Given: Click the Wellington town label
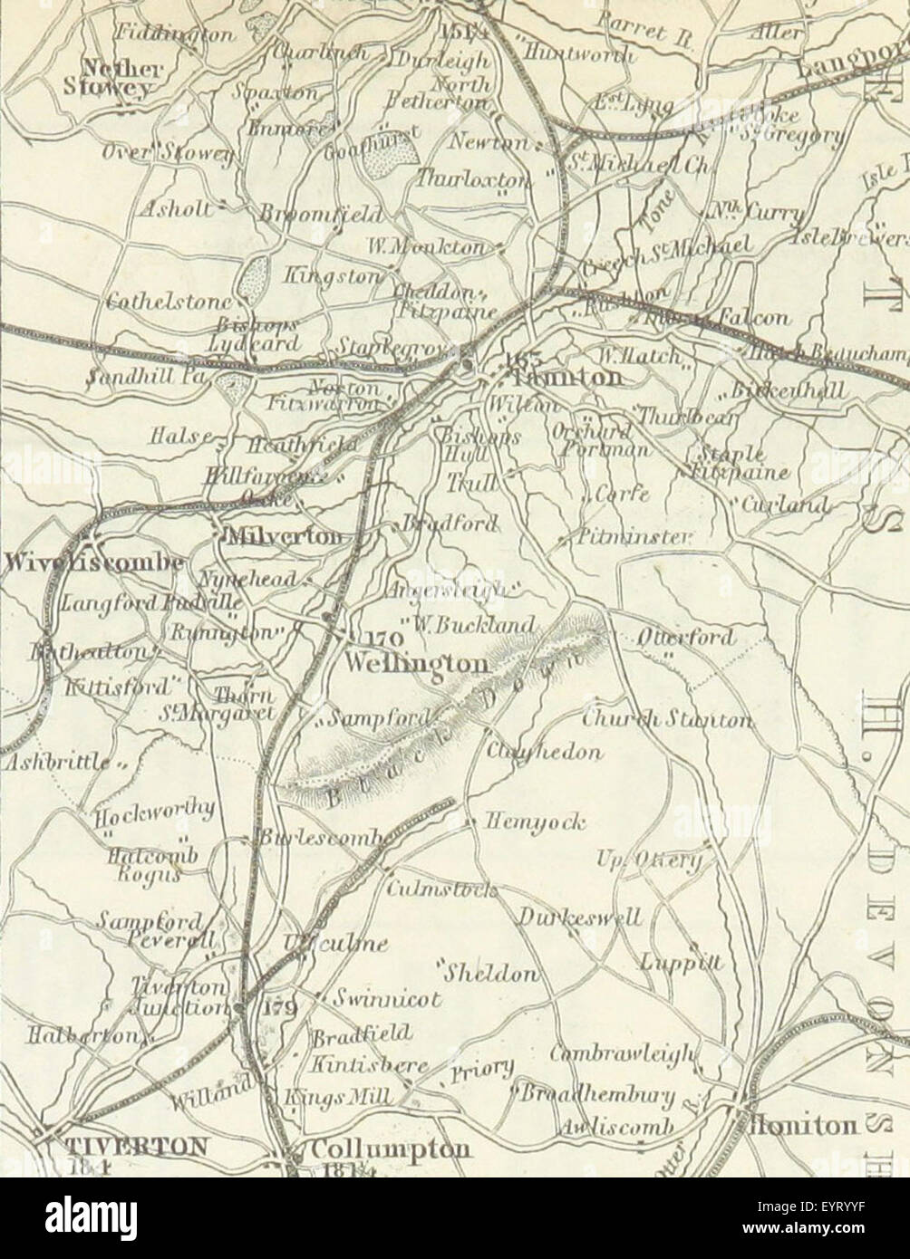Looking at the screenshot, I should [418, 665].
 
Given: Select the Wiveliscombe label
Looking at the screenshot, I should [91, 563].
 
